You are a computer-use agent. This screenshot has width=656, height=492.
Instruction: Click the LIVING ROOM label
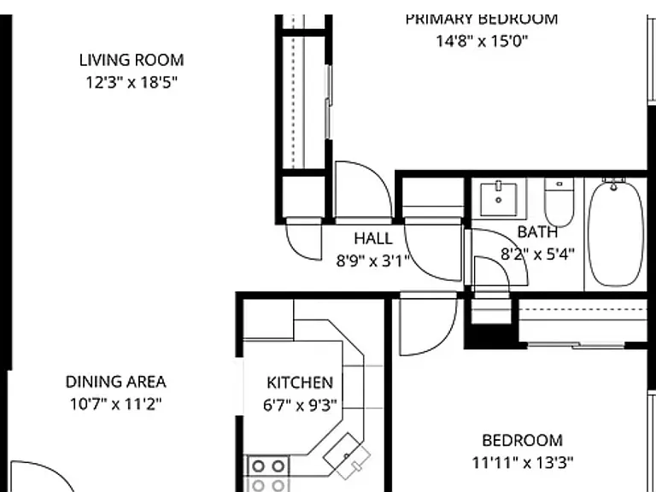[x=132, y=61]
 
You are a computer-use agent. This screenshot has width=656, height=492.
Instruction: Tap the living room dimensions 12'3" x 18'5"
[x=132, y=82]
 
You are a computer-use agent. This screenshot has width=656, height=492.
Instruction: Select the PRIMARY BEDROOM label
[x=482, y=20]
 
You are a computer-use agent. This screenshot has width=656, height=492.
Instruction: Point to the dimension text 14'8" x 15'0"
[x=482, y=41]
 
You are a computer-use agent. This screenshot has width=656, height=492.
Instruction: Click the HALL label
[x=373, y=239]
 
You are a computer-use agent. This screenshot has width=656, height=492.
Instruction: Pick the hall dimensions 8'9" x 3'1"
[x=372, y=261]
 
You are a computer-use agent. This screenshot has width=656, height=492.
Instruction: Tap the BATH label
[x=537, y=232]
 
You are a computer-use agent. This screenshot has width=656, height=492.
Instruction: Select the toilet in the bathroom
[x=559, y=202]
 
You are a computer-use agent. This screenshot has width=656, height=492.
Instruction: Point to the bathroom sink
[x=498, y=199]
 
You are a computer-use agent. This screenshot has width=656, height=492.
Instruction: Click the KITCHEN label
[x=300, y=383]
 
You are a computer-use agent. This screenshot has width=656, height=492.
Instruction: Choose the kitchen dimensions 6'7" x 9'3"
[x=300, y=406]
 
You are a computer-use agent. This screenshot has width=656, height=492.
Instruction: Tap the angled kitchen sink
[x=347, y=456]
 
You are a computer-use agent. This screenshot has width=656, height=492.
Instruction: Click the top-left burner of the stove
[x=259, y=466]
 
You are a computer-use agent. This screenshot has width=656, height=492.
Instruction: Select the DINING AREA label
[x=115, y=382]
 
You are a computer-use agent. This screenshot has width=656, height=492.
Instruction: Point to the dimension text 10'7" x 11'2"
[x=115, y=405]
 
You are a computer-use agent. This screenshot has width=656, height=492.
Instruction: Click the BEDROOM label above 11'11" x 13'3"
[x=522, y=441]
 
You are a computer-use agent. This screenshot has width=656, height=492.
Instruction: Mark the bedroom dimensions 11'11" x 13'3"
[x=523, y=463]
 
